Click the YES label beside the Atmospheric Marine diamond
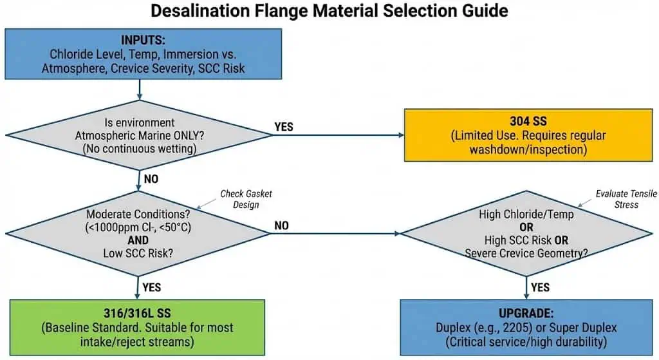click(284, 127)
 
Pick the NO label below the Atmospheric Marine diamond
click(151, 179)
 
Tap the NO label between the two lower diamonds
click(281, 225)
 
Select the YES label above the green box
click(152, 287)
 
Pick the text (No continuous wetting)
click(139, 148)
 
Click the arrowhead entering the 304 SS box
click(400, 135)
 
